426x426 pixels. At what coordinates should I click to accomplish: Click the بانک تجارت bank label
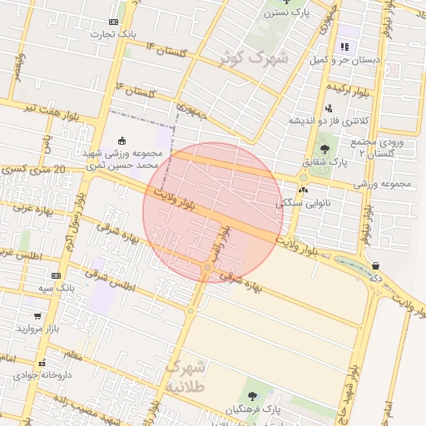pyautogui.click(x=115, y=34)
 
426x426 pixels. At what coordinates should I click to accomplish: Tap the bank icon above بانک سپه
pyautogui.click(x=56, y=275)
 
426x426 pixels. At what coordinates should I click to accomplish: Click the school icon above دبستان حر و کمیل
pyautogui.click(x=344, y=47)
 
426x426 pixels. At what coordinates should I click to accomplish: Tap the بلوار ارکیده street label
pyautogui.click(x=347, y=86)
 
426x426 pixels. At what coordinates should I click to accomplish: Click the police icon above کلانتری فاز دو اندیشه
pyautogui.click(x=329, y=107)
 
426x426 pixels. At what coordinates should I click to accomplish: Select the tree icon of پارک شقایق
pyautogui.click(x=324, y=149)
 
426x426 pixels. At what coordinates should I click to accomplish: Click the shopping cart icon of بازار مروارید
pyautogui.click(x=37, y=316)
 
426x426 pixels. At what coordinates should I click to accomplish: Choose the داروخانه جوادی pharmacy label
pyautogui.click(x=42, y=374)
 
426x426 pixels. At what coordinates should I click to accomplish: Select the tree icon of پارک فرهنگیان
pyautogui.click(x=252, y=396)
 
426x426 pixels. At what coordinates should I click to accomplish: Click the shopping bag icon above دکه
pyautogui.click(x=376, y=266)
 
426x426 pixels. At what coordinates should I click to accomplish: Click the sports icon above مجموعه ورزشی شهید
pyautogui.click(x=123, y=140)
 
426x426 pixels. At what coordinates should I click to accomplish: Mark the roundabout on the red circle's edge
pyautogui.click(x=206, y=268)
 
